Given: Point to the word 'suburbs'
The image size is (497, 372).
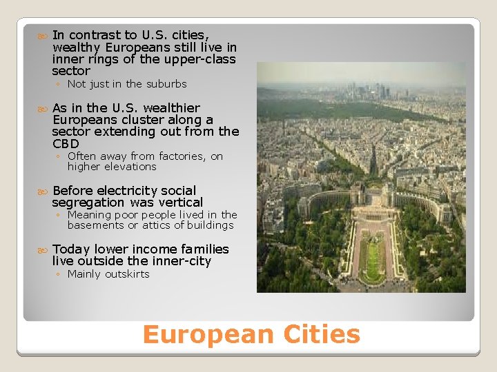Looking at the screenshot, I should point(166,84).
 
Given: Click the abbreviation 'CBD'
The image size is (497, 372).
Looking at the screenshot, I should point(66,144).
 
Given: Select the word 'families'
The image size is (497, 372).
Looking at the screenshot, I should point(205,249).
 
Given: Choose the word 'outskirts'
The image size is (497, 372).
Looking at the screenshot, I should point(126,274).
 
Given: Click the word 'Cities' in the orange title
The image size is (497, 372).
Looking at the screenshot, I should point(319,335).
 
